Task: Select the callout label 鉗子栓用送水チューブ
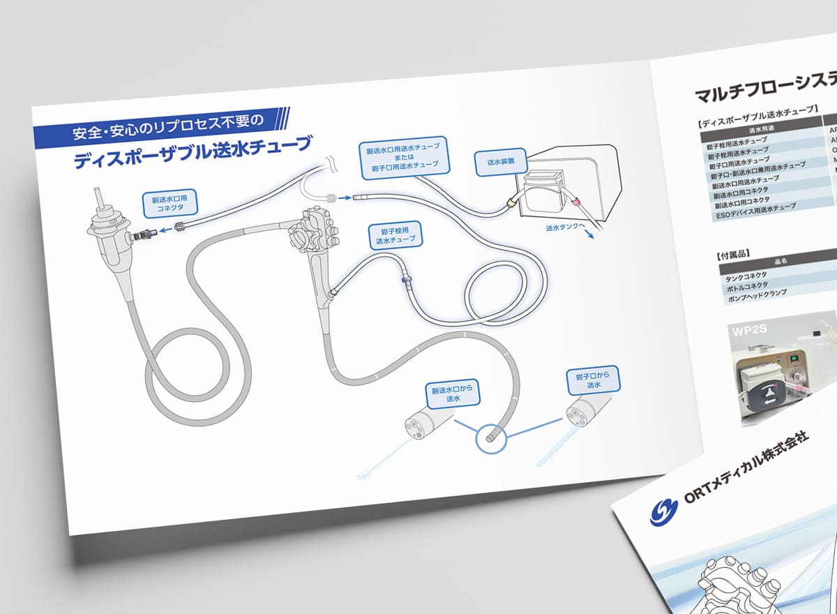click(395, 234)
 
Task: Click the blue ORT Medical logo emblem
click(664, 511)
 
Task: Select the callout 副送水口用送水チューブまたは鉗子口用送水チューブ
click(405, 157)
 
